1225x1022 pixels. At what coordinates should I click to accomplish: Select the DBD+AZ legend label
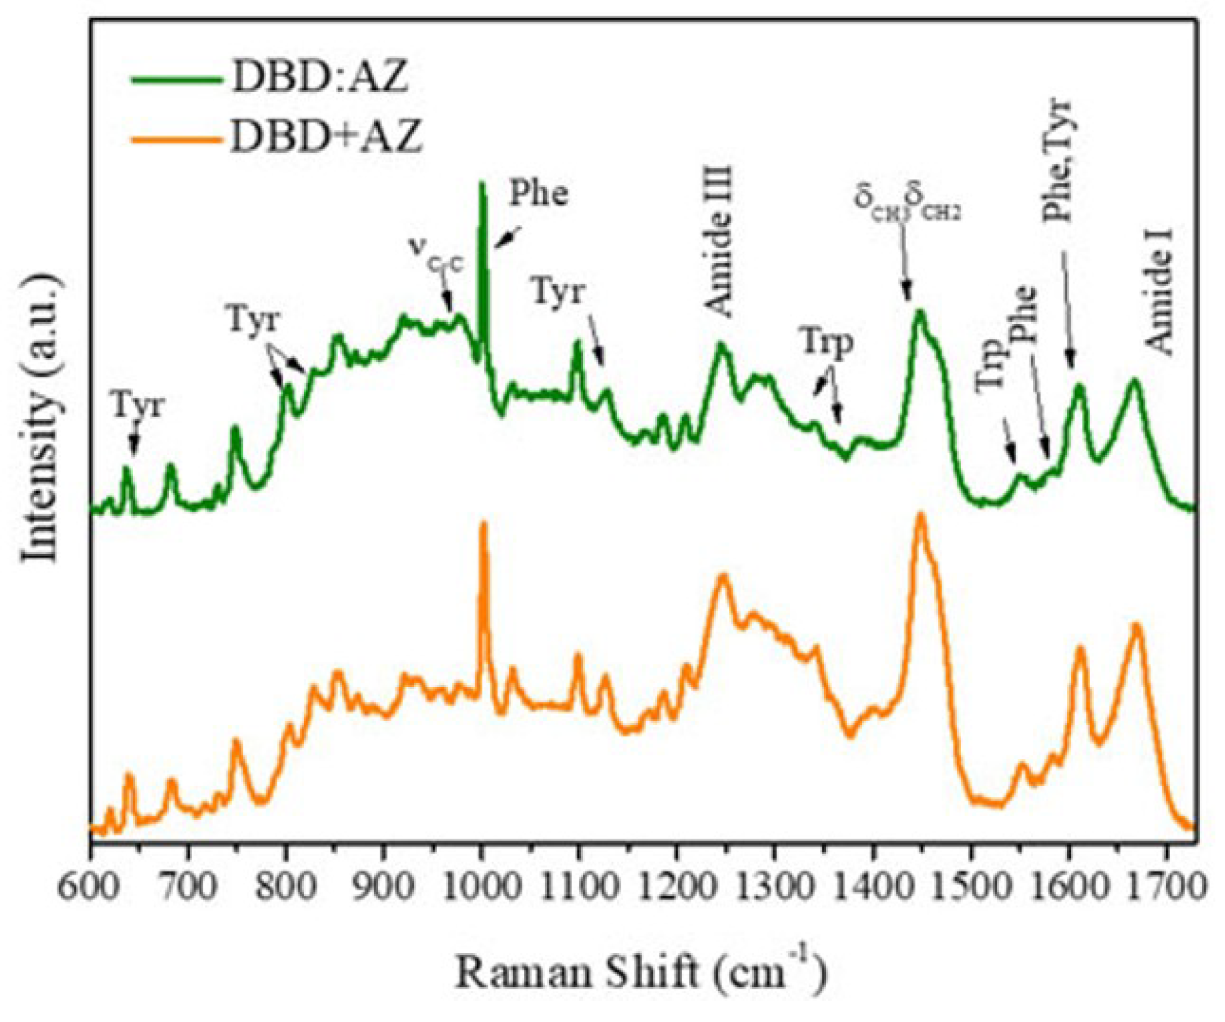tap(326, 136)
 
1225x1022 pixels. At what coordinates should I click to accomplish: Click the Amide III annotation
tap(720, 241)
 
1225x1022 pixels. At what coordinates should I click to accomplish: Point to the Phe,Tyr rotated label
tap(1058, 160)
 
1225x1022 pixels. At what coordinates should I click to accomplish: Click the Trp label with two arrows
tap(826, 343)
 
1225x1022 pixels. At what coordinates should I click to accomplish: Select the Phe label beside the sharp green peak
tap(539, 193)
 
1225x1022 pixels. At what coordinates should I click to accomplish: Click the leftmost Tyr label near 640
tap(138, 406)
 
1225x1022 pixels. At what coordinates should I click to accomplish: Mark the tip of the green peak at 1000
tap(482, 183)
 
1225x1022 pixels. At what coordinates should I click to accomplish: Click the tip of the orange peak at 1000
tap(484, 524)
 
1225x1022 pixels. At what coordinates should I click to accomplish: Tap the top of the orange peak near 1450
tap(920, 515)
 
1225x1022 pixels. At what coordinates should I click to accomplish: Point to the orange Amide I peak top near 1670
tap(1137, 624)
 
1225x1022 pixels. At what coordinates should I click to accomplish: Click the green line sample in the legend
tap(177, 80)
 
